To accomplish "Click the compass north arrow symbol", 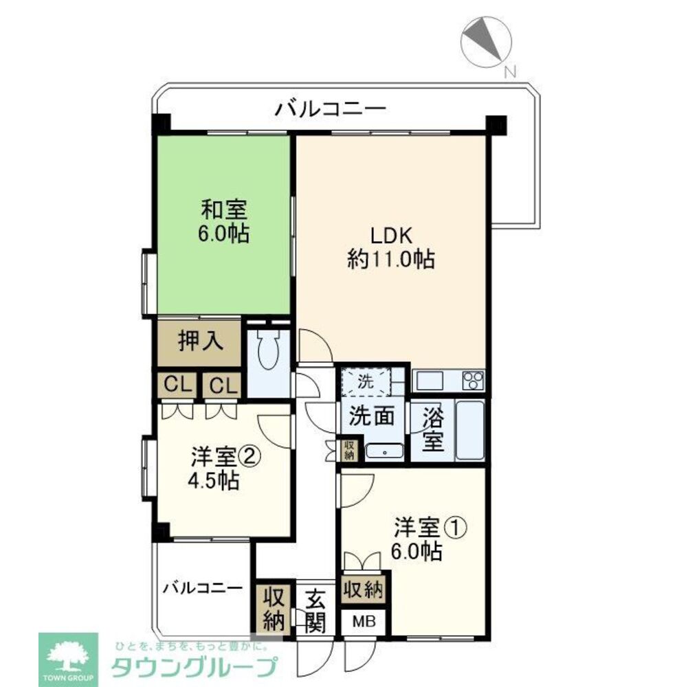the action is pos(486,42).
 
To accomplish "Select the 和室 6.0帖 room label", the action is pos(224,221).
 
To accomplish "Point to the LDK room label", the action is pos(391,248).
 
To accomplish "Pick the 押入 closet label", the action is pos(201,341).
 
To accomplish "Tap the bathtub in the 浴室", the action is pos(470,430).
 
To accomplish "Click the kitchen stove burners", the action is pos(473,380).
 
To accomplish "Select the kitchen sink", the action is pos(430,380).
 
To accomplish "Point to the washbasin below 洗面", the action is pos(384,452).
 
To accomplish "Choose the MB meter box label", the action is pos(364,621).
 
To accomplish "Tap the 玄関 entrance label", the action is pos(315,610).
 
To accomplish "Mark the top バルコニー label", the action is pos(331,108).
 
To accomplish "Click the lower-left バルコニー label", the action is pos(203,587).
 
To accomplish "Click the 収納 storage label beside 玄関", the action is pos(274,609).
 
